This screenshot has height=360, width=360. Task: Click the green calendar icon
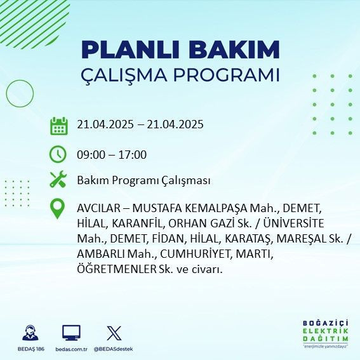pyautogui.click(x=59, y=126)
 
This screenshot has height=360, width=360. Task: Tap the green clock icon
pyautogui.click(x=58, y=154)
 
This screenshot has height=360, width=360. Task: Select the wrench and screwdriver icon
pyautogui.click(x=58, y=180)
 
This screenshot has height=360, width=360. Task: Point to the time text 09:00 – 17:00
pyautogui.click(x=112, y=155)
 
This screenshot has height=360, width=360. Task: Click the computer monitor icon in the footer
pyautogui.click(x=71, y=333)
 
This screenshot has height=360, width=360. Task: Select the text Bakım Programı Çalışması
pyautogui.click(x=143, y=181)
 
